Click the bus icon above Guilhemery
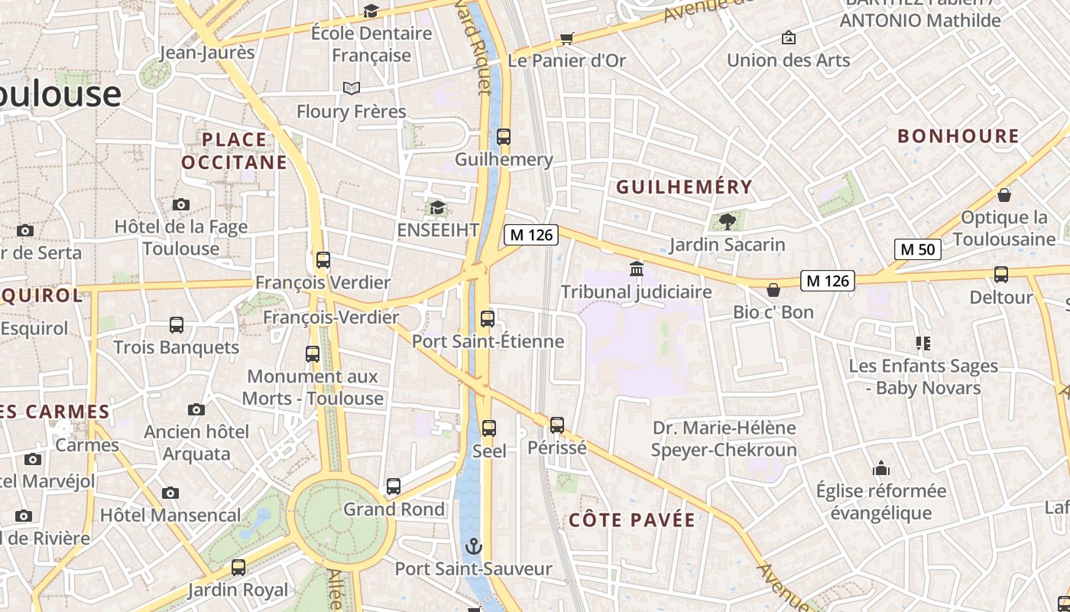(503, 137)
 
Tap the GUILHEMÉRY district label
(684, 187)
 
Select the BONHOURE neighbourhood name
(958, 136)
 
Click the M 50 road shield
(917, 249)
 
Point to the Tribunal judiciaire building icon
(636, 269)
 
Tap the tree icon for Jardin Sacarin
(727, 222)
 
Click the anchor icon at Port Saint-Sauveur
(474, 546)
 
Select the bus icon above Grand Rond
(393, 487)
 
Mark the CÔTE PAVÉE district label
(632, 520)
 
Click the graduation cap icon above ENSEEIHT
(437, 207)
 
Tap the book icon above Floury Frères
(351, 89)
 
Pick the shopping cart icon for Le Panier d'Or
(566, 38)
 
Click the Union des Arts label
(788, 60)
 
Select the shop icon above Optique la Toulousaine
(1004, 195)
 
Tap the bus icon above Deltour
(1000, 274)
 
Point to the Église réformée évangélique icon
(880, 468)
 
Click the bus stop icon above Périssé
(556, 425)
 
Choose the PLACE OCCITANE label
(234, 151)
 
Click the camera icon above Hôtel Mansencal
(170, 493)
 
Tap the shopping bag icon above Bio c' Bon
(773, 290)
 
